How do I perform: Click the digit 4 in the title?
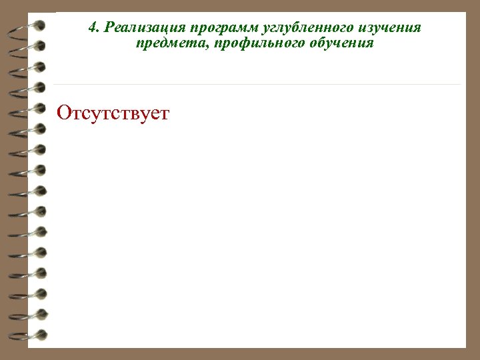coord(92,28)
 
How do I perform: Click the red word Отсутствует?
coord(113,113)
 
